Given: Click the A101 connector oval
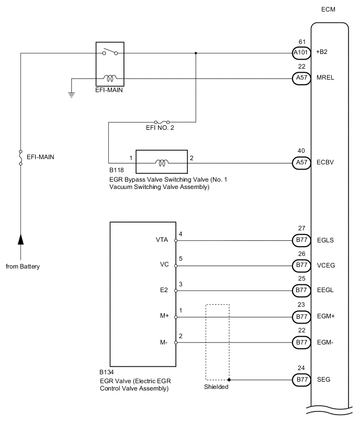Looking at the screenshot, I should (x=300, y=53).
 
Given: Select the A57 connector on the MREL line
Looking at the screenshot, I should (x=300, y=77).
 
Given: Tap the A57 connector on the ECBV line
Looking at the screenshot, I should (x=300, y=163).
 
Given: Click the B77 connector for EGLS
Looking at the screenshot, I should (x=300, y=241).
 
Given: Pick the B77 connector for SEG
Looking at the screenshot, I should (x=300, y=380).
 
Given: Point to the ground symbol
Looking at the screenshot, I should (x=72, y=95).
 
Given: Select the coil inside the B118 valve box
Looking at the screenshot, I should (x=162, y=163).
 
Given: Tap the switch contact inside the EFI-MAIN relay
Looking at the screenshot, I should (x=110, y=52).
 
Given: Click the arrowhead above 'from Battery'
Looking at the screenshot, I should (x=20, y=240).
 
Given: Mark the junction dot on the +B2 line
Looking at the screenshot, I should (x=196, y=53).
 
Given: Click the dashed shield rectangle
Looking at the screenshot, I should (x=217, y=341).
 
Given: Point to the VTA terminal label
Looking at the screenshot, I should (x=162, y=241).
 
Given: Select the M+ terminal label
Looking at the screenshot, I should (x=163, y=317).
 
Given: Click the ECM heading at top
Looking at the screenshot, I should (x=329, y=9).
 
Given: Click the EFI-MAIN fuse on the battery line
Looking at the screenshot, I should (x=20, y=157).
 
